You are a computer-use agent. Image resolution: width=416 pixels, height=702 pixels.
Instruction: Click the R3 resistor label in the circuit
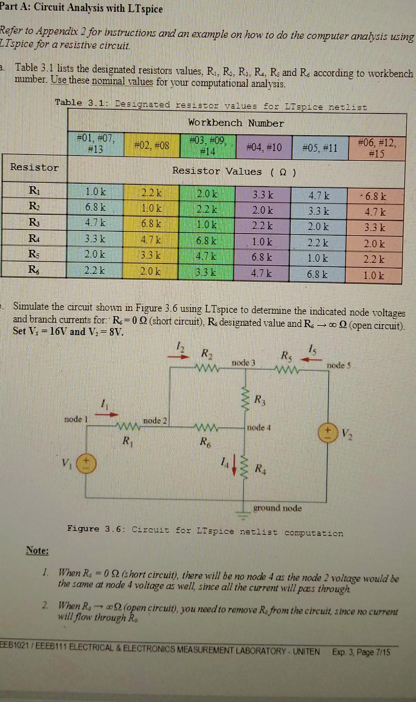click(x=260, y=399)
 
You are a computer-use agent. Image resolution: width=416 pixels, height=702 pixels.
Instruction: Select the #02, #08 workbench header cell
click(x=151, y=145)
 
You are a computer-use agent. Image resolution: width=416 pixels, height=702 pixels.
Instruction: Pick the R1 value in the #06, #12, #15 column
click(x=375, y=197)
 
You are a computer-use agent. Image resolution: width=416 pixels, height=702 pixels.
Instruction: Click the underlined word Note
click(x=37, y=551)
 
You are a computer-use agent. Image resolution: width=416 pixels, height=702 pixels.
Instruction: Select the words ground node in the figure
click(x=277, y=508)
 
